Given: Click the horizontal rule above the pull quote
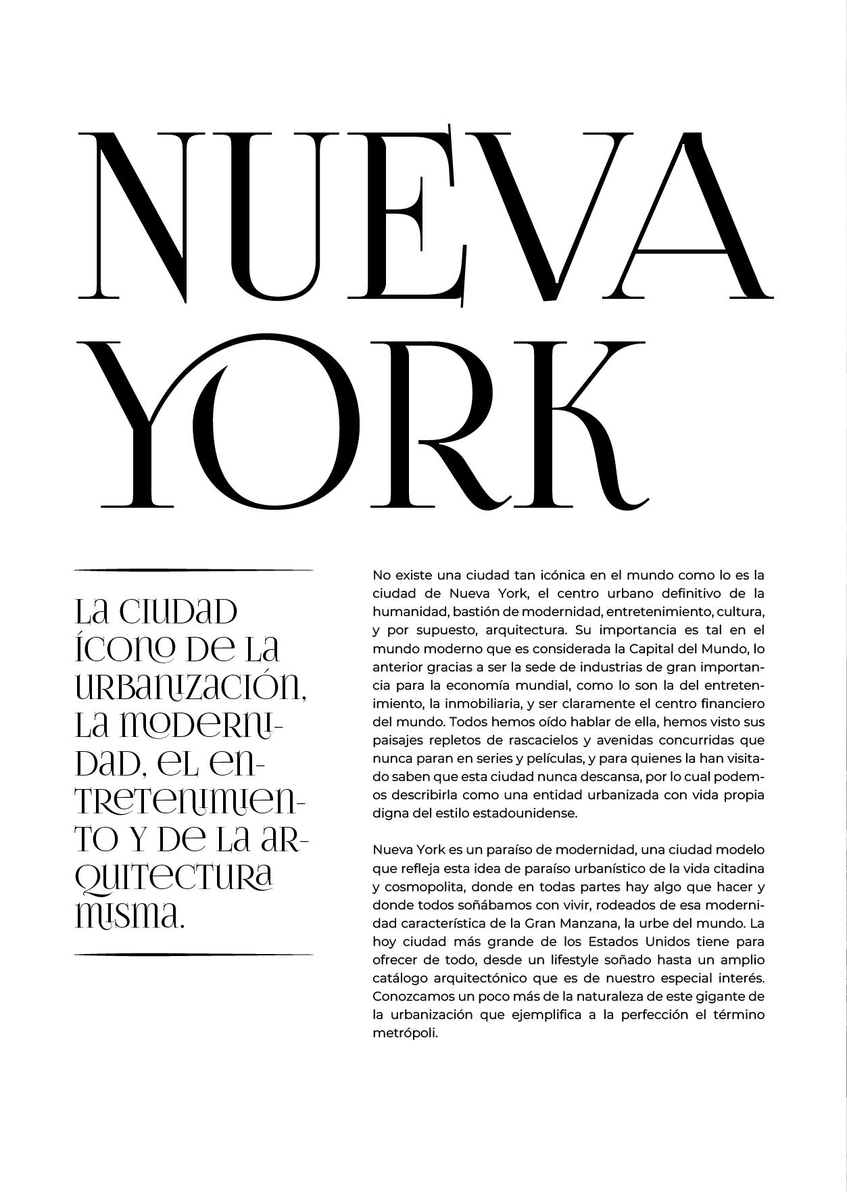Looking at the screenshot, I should (193, 570).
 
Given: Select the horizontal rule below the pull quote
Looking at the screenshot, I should (193, 954).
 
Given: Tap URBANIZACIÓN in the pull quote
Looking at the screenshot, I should (189, 688).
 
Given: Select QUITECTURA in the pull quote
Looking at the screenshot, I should (173, 878).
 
